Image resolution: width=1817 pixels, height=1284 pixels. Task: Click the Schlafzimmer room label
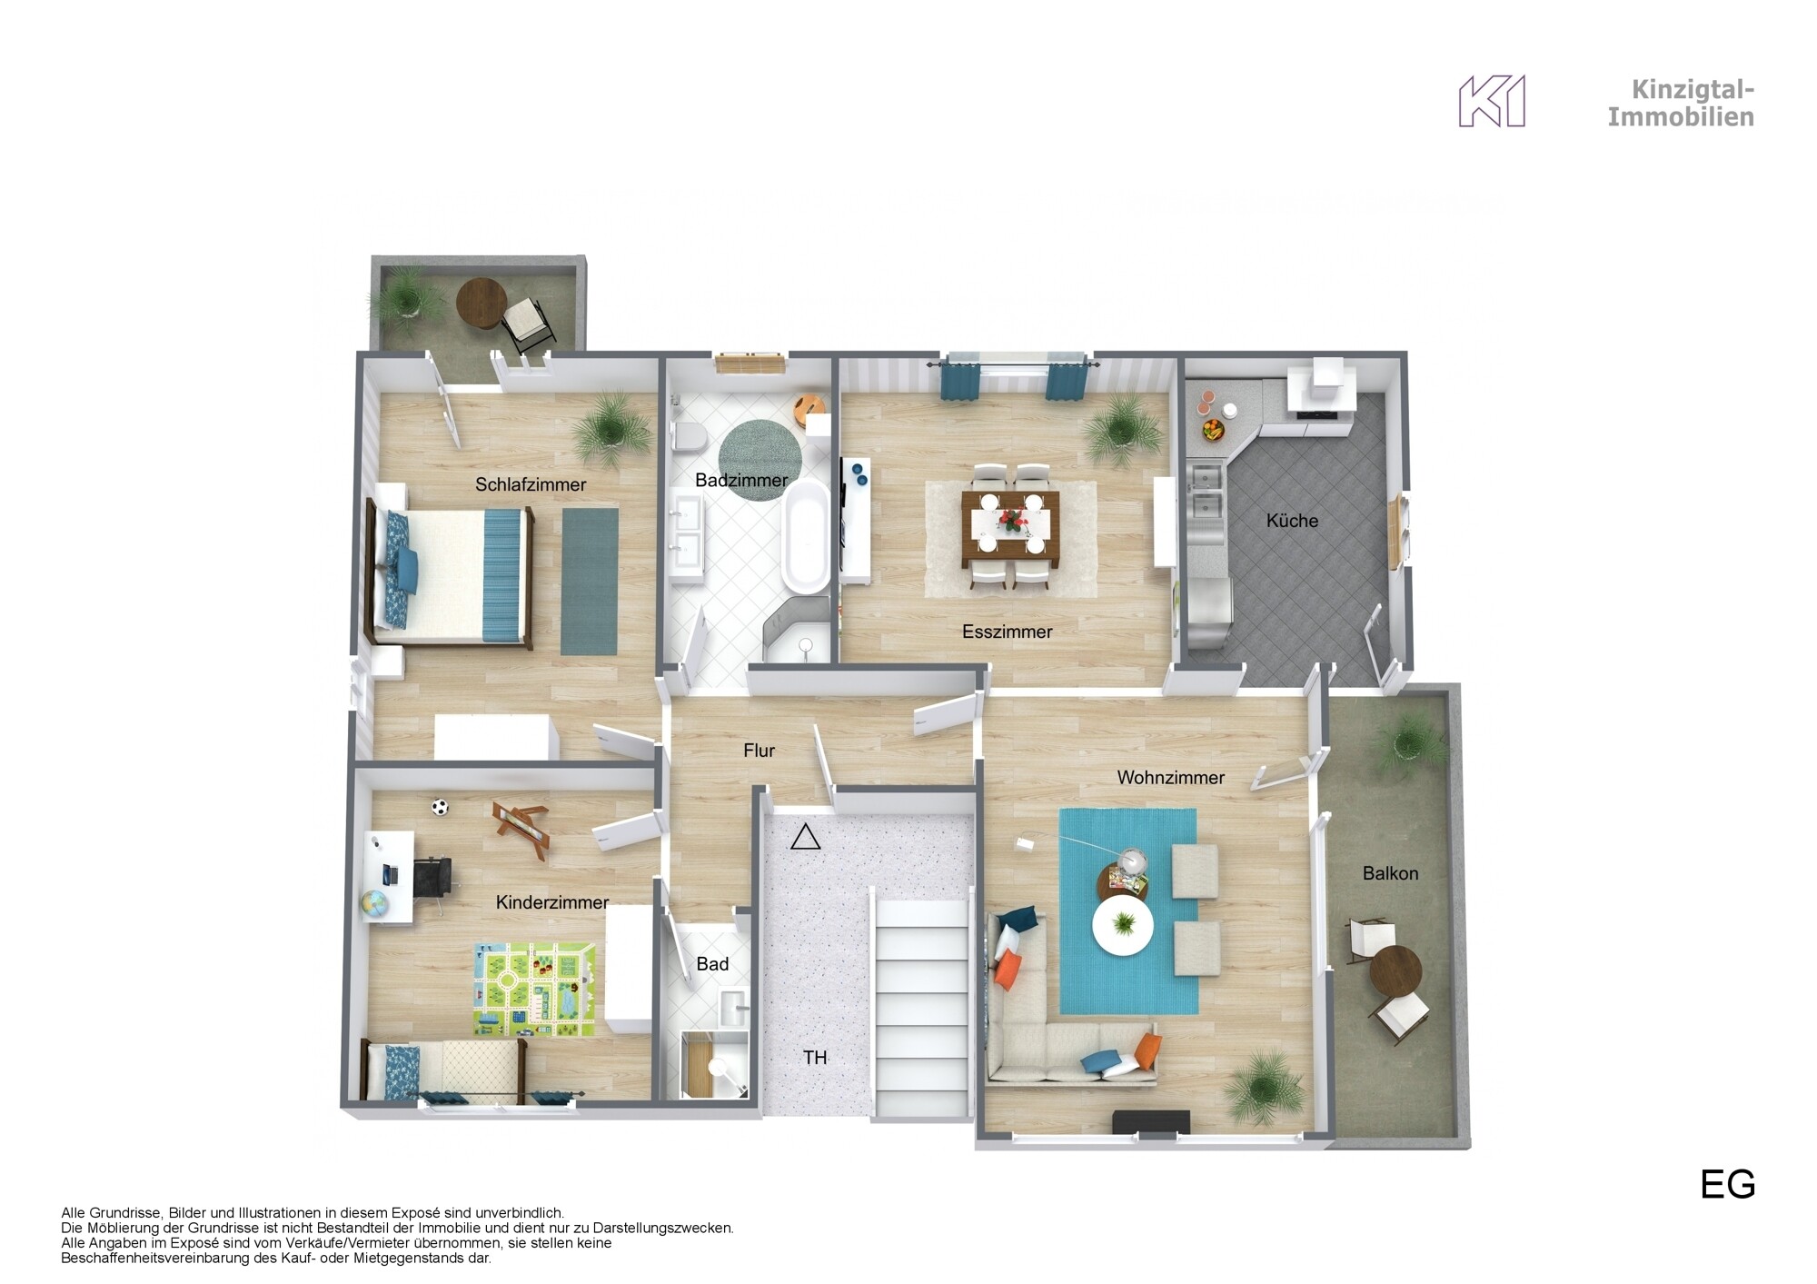pyautogui.click(x=531, y=484)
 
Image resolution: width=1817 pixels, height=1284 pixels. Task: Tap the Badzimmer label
pyautogui.click(x=741, y=480)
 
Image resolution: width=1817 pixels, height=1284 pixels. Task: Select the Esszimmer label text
pyautogui.click(x=1007, y=632)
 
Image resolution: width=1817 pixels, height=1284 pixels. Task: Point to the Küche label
pyautogui.click(x=1292, y=521)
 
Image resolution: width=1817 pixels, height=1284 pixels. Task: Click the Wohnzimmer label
pyautogui.click(x=1170, y=778)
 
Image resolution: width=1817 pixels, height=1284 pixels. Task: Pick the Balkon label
pyautogui.click(x=1390, y=873)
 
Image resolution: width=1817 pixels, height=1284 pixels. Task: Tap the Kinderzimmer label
pyautogui.click(x=552, y=902)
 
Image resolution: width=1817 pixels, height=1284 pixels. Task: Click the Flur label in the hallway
pyautogui.click(x=759, y=751)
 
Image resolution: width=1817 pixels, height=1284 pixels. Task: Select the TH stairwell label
pyautogui.click(x=815, y=1058)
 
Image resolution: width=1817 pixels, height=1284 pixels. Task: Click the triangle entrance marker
pyautogui.click(x=805, y=837)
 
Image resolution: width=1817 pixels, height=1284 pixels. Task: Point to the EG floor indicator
pyautogui.click(x=1727, y=1184)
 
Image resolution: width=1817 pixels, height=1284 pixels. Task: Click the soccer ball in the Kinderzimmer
pyautogui.click(x=441, y=806)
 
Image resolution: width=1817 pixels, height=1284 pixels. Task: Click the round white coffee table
pyautogui.click(x=1124, y=926)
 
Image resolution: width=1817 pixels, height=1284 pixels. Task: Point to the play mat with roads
pyautogui.click(x=537, y=990)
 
